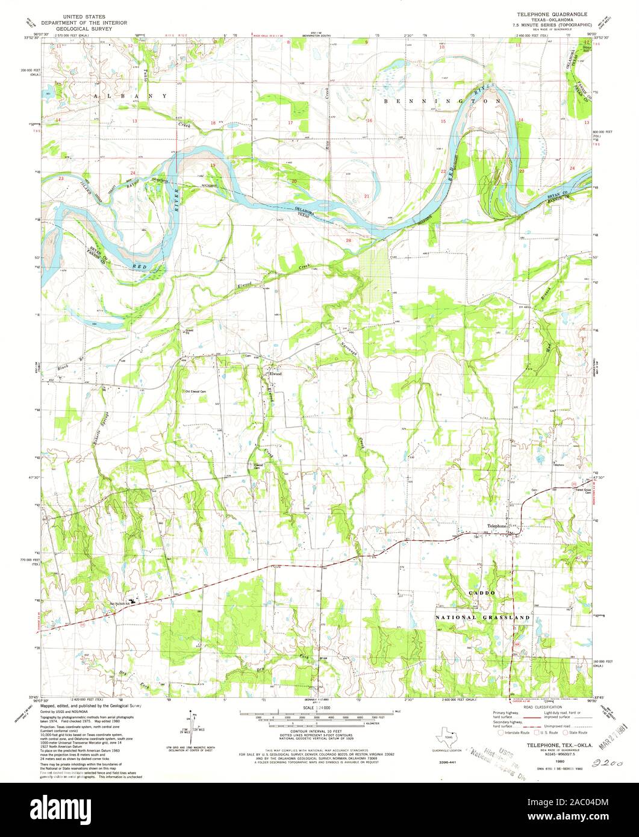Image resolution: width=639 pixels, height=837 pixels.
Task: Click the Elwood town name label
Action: tap(275, 373)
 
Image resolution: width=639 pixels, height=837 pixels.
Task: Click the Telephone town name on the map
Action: tap(497, 526)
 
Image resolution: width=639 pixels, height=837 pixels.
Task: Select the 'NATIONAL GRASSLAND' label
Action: tap(483, 618)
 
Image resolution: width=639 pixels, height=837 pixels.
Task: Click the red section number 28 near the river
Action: tap(348, 240)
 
